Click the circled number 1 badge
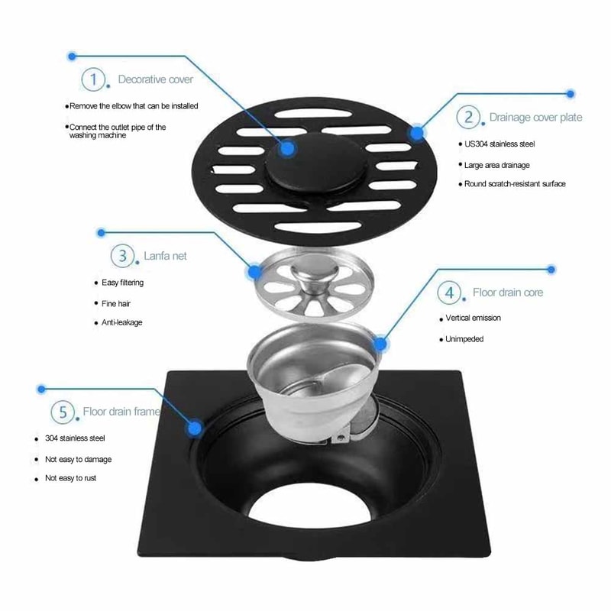(x=94, y=79)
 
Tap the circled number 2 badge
(x=468, y=117)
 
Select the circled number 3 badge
(x=123, y=256)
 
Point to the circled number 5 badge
(x=63, y=412)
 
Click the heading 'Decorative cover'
(x=155, y=79)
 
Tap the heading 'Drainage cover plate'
(x=535, y=118)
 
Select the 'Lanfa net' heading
(x=165, y=256)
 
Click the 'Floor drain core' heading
(x=508, y=293)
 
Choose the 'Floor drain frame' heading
(x=121, y=412)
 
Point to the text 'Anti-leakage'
(x=122, y=322)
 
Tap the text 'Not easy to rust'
(x=70, y=478)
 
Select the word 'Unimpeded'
(x=464, y=339)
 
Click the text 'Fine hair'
(x=117, y=303)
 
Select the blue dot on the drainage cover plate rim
(x=417, y=134)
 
